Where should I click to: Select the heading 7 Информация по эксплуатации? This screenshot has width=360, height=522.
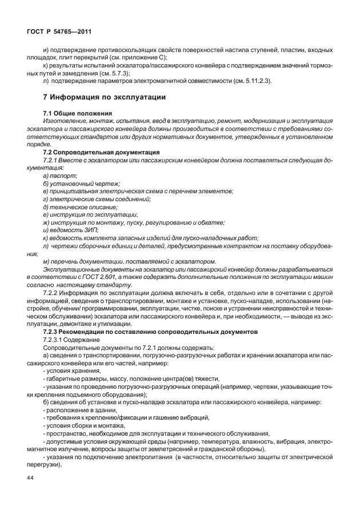(105, 97)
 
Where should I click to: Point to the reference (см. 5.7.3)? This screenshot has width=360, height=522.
(113, 73)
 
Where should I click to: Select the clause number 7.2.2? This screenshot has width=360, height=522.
(52, 293)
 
